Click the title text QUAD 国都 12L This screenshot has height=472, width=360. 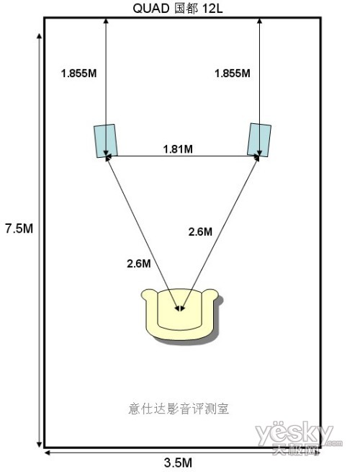click(x=178, y=9)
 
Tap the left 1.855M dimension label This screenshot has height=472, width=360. click(x=78, y=74)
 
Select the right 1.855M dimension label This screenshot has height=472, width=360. click(x=232, y=74)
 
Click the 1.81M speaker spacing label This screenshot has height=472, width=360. click(x=178, y=148)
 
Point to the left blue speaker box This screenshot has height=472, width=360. click(x=106, y=141)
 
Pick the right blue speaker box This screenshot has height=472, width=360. click(x=259, y=140)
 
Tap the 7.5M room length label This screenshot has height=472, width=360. click(x=19, y=228)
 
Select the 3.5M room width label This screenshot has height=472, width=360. click(x=178, y=462)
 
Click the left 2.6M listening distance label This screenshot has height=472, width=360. click(x=139, y=264)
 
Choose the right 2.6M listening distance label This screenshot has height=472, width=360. click(x=200, y=231)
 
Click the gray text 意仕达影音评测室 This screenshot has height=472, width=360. click(x=179, y=409)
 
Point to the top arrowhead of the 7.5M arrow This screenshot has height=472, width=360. click(x=39, y=37)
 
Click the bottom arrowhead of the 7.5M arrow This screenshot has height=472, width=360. click(x=39, y=445)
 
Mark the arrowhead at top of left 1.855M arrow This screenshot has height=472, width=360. click(x=106, y=21)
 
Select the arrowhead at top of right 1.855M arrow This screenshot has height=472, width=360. click(x=259, y=21)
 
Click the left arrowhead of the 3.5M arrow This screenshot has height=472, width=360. click(x=48, y=452)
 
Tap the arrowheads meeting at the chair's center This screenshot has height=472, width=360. click(x=180, y=308)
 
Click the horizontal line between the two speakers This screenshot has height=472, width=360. click(x=182, y=156)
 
